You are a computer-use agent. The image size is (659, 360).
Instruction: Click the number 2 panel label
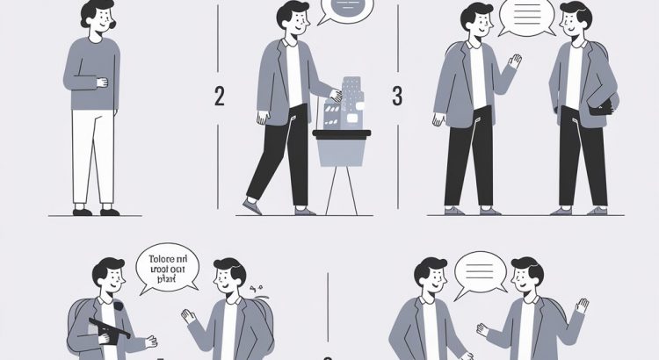219,97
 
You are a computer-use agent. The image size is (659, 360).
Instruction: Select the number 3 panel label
397,97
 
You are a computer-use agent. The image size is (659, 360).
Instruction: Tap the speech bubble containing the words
168,266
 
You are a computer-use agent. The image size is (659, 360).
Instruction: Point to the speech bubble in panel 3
527,17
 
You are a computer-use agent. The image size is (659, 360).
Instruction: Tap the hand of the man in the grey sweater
102,83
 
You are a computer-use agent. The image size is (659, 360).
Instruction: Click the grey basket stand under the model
342,148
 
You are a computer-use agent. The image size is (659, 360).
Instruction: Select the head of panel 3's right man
576,21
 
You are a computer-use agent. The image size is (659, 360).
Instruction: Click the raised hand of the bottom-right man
581,306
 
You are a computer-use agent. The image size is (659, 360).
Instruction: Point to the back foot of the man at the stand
252,207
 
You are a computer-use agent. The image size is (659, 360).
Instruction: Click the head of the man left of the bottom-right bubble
432,277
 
